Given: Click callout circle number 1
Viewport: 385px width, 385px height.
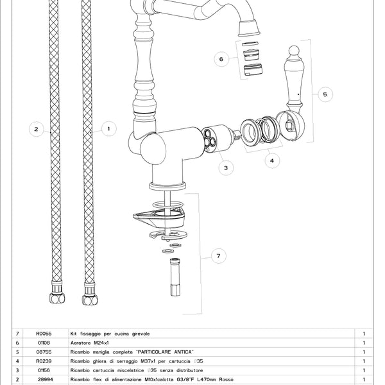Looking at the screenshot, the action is [109, 129].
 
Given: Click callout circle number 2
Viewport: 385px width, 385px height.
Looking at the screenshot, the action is [37, 129].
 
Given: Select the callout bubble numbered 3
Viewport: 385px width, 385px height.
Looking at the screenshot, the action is [226, 167].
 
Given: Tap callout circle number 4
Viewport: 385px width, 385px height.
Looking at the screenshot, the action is [272, 160].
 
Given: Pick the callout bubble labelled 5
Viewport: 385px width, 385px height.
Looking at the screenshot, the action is [325, 94].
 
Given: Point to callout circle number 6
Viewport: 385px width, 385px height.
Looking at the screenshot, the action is [221, 59].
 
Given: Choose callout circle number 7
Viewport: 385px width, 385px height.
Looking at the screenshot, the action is [219, 256].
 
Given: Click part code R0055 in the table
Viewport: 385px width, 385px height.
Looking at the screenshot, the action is [44, 334].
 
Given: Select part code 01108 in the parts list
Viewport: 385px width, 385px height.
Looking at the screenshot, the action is [44, 343].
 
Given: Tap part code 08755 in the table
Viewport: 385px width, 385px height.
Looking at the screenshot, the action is [44, 352].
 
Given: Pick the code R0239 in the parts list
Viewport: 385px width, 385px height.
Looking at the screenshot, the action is [44, 361].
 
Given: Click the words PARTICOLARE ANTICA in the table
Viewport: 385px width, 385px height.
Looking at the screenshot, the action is [165, 352].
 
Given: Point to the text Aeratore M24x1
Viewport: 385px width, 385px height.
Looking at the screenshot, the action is [90, 343].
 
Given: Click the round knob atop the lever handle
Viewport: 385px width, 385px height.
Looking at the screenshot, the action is [294, 50].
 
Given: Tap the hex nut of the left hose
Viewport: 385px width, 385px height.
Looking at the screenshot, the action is [57, 298].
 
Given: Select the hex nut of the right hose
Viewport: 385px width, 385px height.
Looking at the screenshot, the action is [90, 300].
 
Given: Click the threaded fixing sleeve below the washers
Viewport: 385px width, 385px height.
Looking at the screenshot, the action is [175, 277].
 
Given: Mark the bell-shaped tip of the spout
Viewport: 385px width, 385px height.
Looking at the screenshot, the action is [249, 28].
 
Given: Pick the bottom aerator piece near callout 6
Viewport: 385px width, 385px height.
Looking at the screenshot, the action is [253, 69].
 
